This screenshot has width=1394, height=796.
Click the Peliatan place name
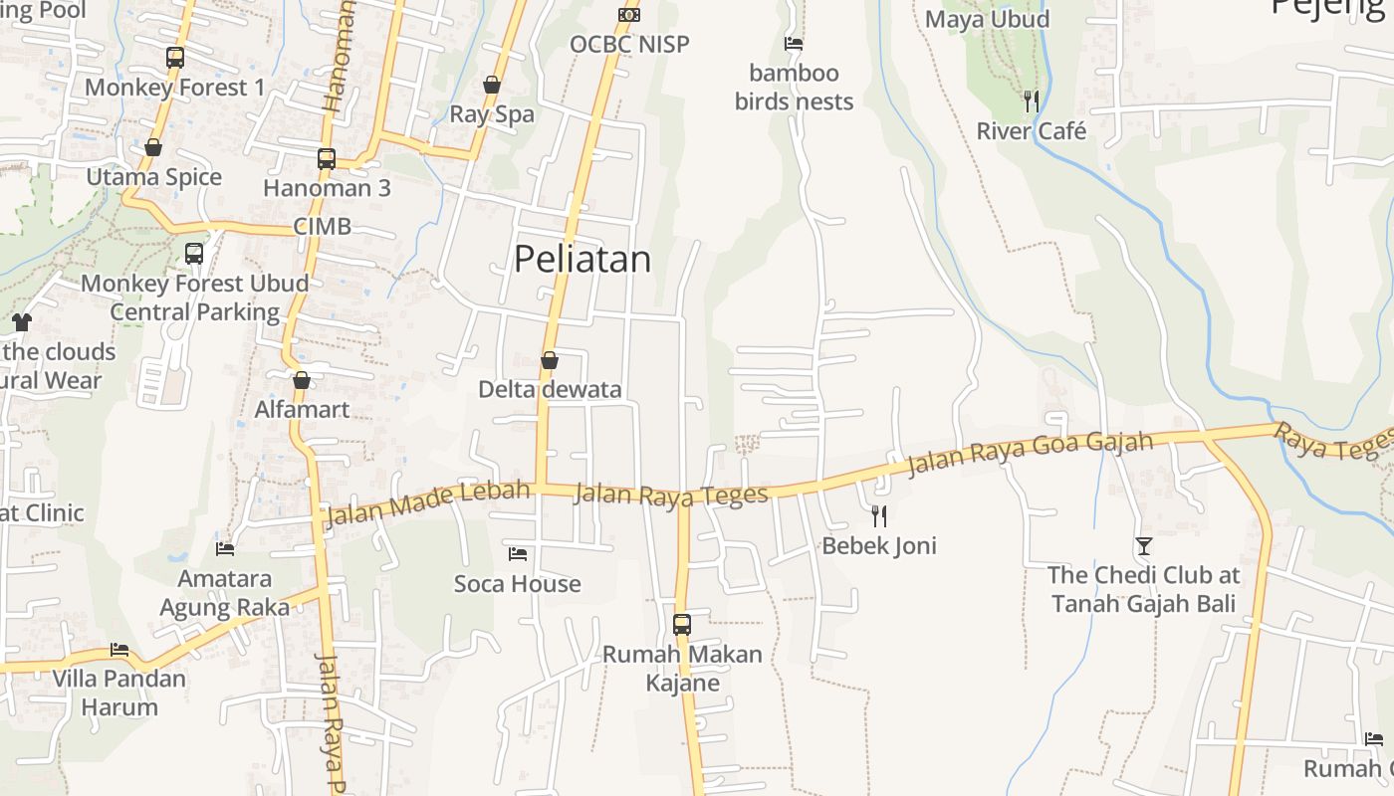coord(582,260)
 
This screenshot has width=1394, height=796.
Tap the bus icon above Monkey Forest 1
coord(175,58)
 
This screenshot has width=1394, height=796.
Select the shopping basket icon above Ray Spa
coord(492,85)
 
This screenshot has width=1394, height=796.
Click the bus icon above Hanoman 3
coord(327,158)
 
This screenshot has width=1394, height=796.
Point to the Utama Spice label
coord(154,177)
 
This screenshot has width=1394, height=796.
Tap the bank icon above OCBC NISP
coord(629,15)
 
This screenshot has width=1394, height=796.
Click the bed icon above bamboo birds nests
coord(794,44)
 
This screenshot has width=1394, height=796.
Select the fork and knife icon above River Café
coord(1032,100)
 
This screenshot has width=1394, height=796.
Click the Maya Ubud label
coord(987,20)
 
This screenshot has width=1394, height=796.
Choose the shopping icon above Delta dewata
coord(549,360)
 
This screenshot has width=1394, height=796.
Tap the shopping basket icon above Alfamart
coord(302,380)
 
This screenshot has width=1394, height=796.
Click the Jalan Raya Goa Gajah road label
coord(1030,453)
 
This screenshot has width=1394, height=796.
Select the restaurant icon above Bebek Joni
coord(879,515)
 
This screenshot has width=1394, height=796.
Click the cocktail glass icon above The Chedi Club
coord(1144,545)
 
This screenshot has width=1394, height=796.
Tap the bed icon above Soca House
coord(518,553)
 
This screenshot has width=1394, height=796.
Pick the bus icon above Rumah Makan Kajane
coord(682,625)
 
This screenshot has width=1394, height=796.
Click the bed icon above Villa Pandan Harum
coord(119,650)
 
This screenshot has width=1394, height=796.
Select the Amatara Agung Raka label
coord(225,593)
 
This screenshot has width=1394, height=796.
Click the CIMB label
coord(323,227)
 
